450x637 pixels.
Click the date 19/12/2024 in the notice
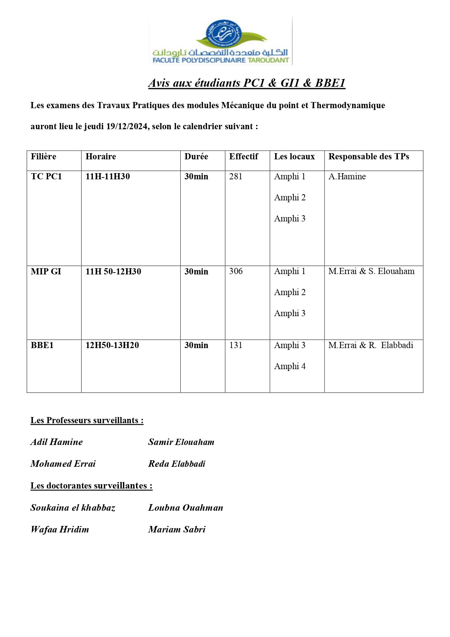(127, 126)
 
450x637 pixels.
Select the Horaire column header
(101, 156)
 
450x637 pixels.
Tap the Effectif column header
(243, 156)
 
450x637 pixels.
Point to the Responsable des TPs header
(368, 156)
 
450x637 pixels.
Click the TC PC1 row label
(46, 176)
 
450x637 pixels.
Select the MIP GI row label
(46, 271)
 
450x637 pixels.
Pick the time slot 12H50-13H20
(112, 345)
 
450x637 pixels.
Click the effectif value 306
(236, 271)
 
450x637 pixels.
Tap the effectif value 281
(236, 176)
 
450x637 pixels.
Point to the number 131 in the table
(236, 345)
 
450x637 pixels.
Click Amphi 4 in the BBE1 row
(290, 366)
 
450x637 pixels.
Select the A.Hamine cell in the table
(347, 176)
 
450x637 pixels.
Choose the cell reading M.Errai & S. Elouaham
(371, 271)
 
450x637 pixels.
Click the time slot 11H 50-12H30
(113, 271)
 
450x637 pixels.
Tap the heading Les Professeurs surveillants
(87, 420)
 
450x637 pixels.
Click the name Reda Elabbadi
(177, 464)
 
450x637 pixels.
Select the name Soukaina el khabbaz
(73, 507)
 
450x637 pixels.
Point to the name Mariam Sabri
(177, 529)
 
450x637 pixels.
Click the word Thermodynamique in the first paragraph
(348, 105)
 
